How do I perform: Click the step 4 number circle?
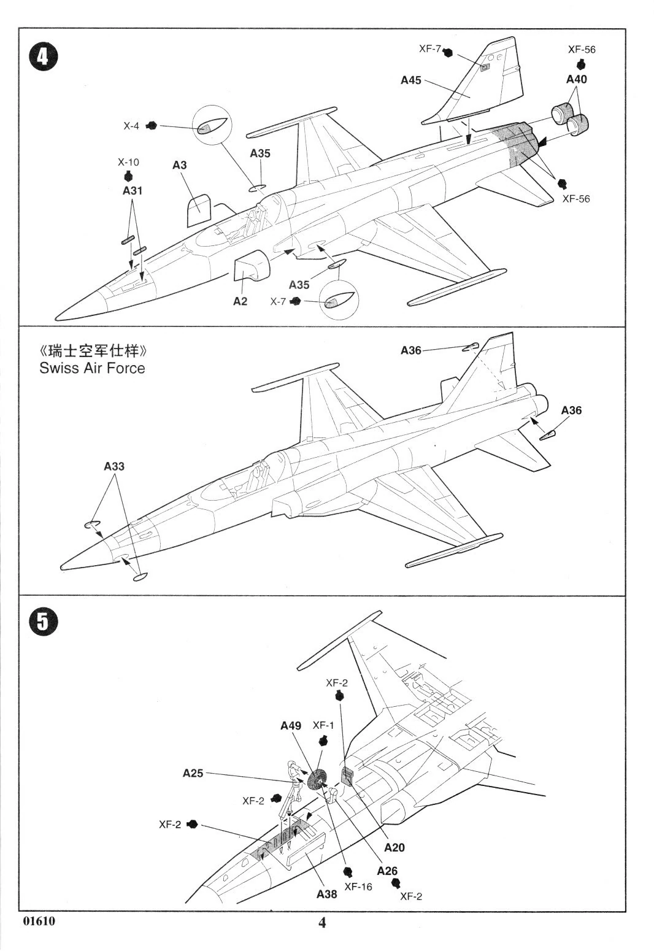42,55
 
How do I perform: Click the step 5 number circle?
42,621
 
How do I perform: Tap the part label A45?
411,80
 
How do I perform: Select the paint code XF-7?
430,49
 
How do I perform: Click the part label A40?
576,79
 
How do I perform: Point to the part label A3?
179,165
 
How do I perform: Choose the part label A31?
133,190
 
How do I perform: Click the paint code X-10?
128,163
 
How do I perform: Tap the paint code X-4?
131,126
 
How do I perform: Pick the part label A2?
240,301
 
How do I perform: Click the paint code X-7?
279,301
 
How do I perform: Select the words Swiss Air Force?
92,368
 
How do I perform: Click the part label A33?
114,466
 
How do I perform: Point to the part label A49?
291,726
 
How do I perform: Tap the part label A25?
193,773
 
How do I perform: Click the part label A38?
326,894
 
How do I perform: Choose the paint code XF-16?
358,887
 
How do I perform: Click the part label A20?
394,847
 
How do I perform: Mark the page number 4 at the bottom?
323,923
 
